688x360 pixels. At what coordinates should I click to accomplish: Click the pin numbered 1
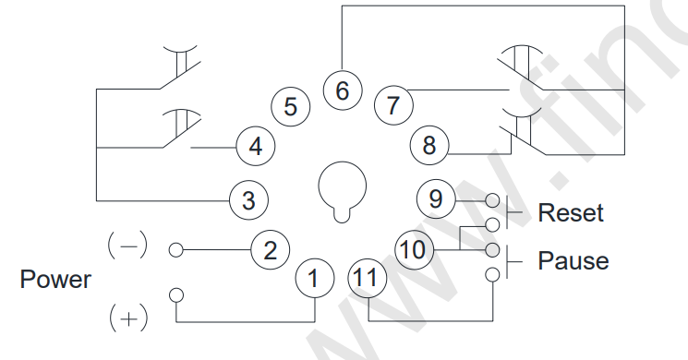pos(314,277)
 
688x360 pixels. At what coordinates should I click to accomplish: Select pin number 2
pos(270,249)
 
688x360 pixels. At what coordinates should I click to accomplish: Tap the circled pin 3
pos(248,198)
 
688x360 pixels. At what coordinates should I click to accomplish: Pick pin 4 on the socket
pos(255,146)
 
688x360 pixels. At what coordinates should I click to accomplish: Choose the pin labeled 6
pos(342,91)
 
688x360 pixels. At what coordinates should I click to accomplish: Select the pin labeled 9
pos(436,198)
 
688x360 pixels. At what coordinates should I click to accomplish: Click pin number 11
pos(367,277)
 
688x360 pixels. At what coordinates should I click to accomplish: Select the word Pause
pos(573,261)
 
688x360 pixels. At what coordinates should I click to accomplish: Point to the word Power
pos(56,280)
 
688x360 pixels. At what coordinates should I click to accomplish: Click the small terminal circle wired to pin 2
pos(175,249)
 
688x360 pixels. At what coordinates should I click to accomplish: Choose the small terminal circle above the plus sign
pos(176,294)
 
